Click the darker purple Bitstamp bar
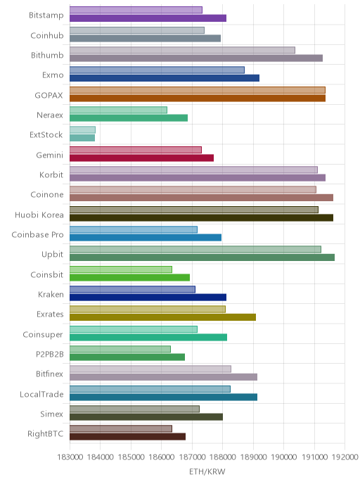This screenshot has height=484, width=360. point(148,18)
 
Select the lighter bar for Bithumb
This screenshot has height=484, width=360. point(182,50)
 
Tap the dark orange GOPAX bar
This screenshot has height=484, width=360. point(198,98)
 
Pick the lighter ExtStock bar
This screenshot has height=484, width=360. point(82,129)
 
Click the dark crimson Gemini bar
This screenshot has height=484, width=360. point(141,158)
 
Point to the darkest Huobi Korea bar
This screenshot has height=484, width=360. point(201,217)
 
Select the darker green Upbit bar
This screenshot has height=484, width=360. point(202,257)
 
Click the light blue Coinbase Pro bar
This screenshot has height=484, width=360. point(134,229)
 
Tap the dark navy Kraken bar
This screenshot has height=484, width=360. point(148,298)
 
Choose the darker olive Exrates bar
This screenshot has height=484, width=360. point(162,317)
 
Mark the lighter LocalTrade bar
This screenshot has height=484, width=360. point(150,389)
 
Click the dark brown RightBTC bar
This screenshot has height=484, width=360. point(128,436)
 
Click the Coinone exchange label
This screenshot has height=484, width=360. point(47,194)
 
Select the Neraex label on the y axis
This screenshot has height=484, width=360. point(50,115)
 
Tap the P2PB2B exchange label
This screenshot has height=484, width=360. point(50,354)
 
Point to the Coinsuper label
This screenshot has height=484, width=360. point(43,335)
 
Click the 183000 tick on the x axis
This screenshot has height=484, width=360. point(70,457)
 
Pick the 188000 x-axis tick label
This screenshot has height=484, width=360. point(223,457)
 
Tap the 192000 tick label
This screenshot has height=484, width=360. point(345,457)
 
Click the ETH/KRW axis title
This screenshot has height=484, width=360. point(207,471)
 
